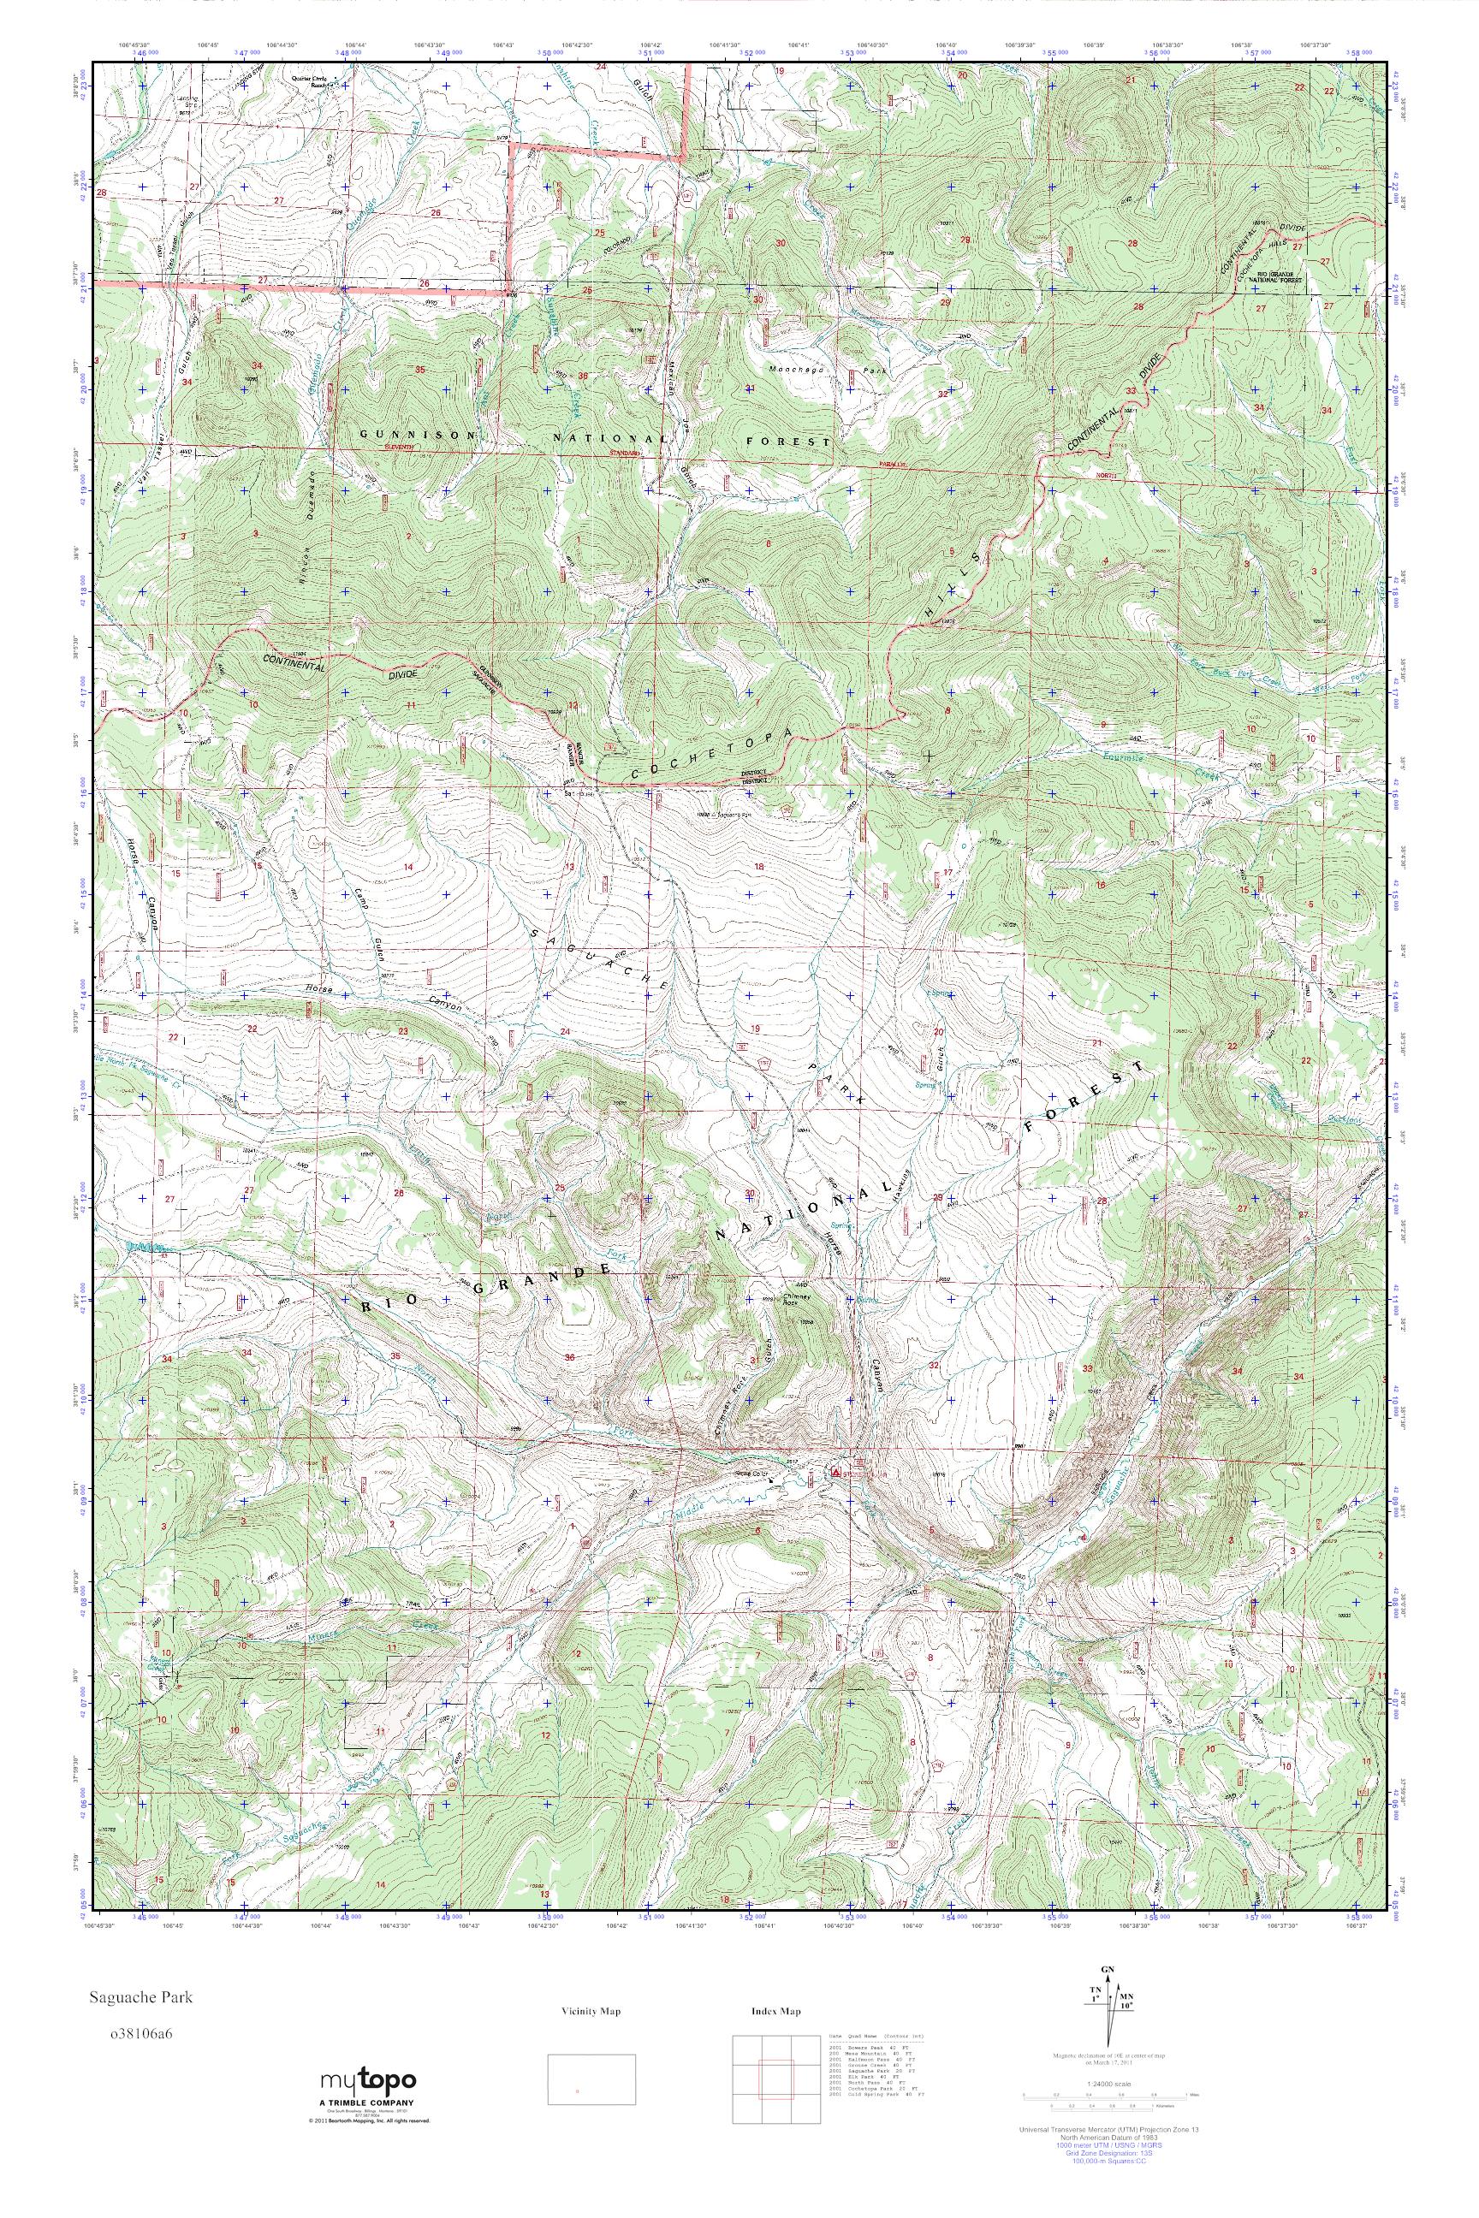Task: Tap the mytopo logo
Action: [369, 2100]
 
